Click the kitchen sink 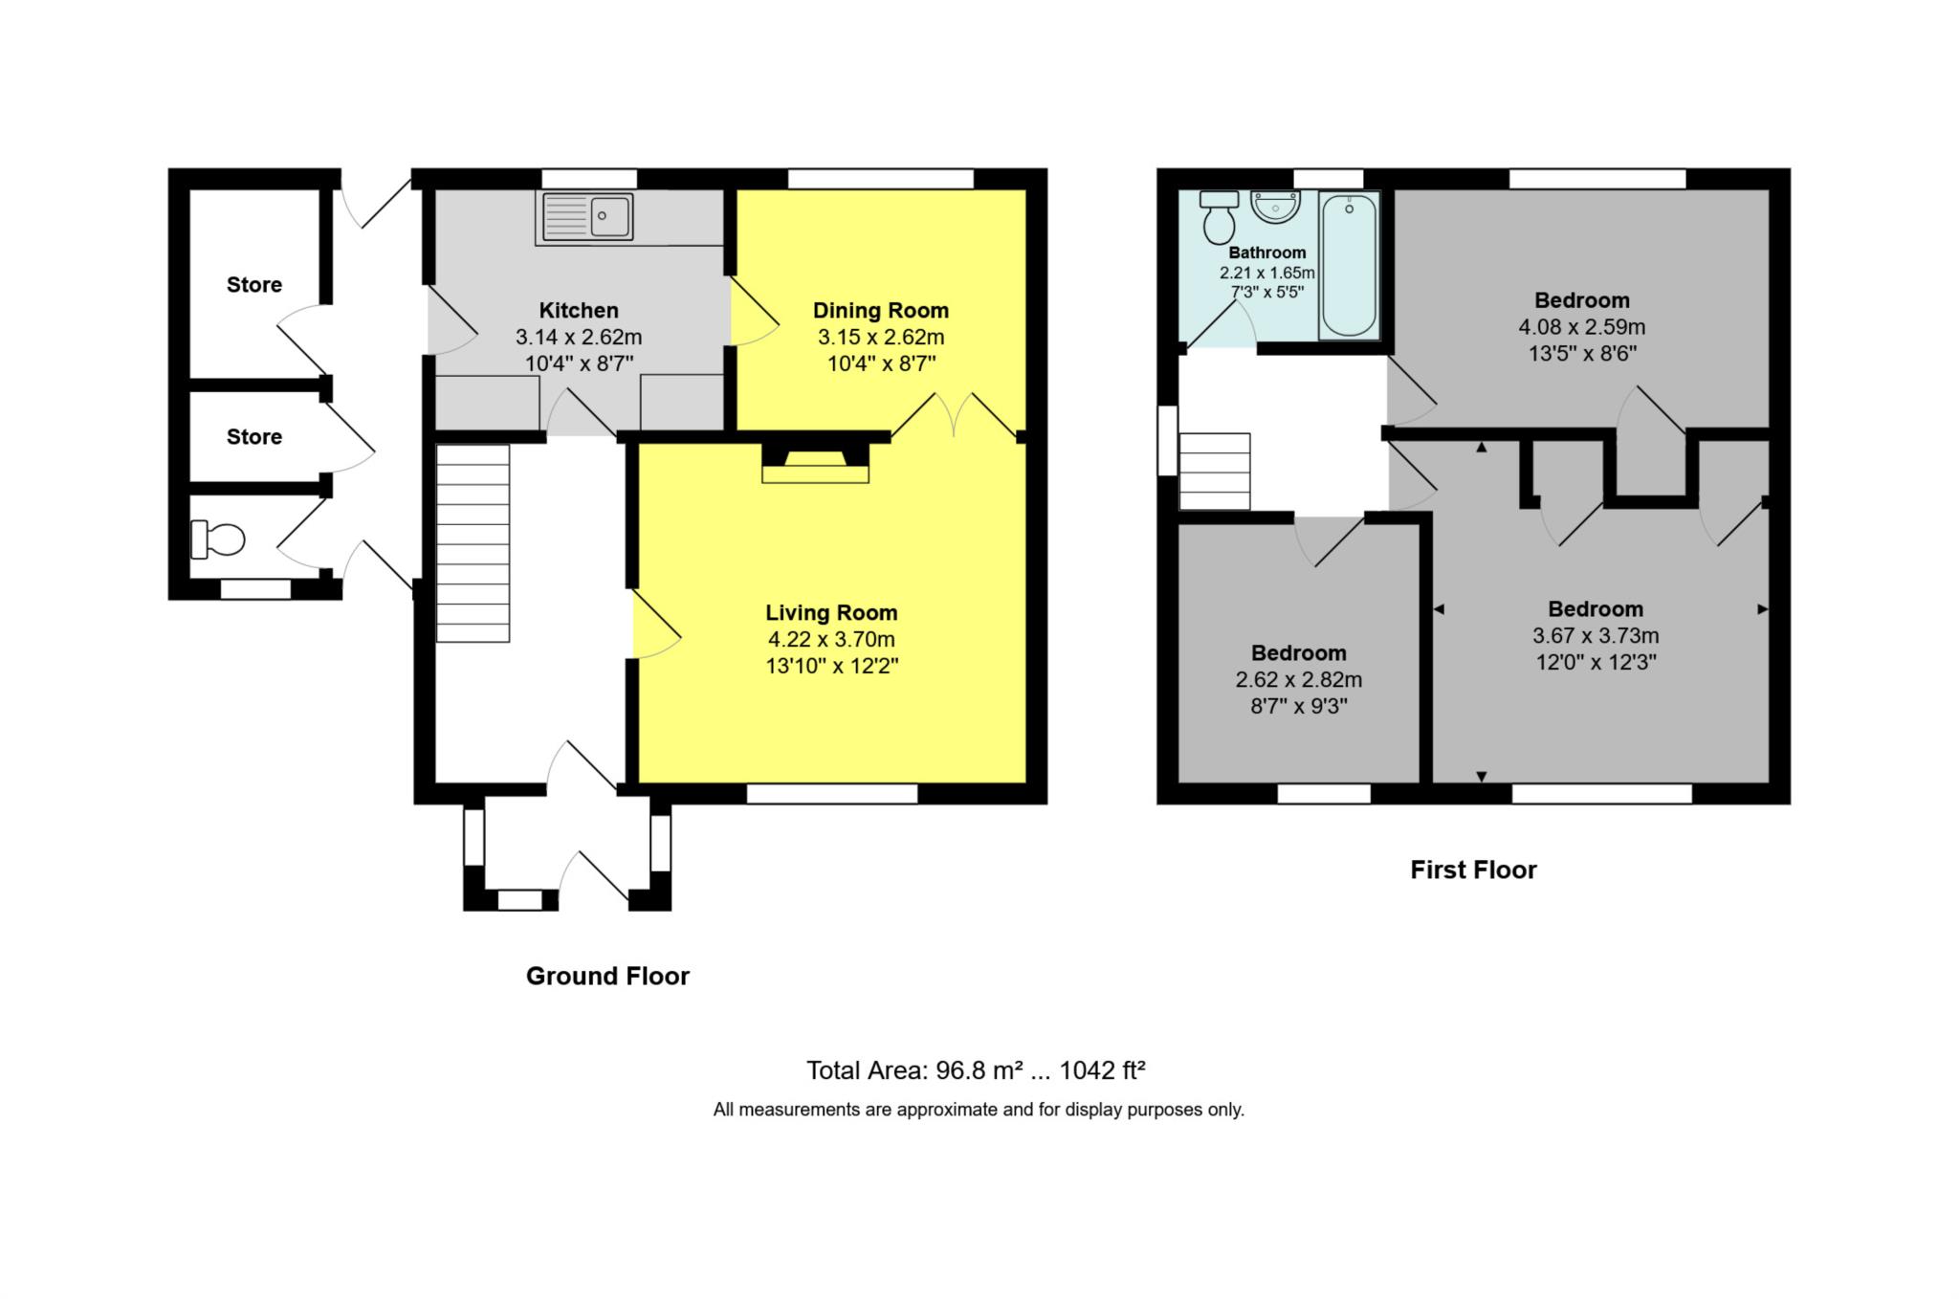pyautogui.click(x=587, y=216)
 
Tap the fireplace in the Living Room pyautogui.click(x=815, y=463)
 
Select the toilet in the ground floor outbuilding pyautogui.click(x=218, y=539)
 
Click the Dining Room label pyautogui.click(x=881, y=310)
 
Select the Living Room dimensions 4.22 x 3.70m pyautogui.click(x=831, y=639)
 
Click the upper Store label pyautogui.click(x=254, y=284)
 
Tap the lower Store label pyautogui.click(x=254, y=436)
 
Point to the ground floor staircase pyautogui.click(x=473, y=542)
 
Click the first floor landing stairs pyautogui.click(x=1215, y=472)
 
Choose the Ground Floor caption pyautogui.click(x=607, y=976)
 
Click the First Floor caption pyautogui.click(x=1473, y=870)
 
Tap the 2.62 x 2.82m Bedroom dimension pyautogui.click(x=1298, y=680)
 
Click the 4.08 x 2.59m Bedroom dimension pyautogui.click(x=1581, y=327)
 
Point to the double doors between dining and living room pyautogui.click(x=954, y=416)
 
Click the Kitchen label pyautogui.click(x=579, y=310)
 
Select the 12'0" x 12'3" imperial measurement pyautogui.click(x=1596, y=662)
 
